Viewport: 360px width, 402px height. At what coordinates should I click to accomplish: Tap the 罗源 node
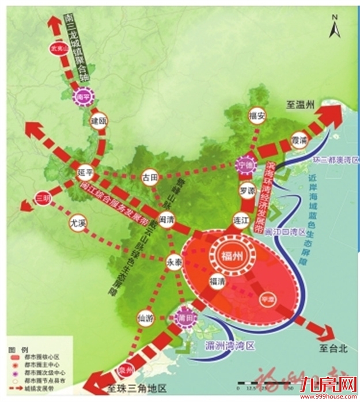pos(247,190)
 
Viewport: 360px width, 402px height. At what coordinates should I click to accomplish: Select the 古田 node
pos(150,177)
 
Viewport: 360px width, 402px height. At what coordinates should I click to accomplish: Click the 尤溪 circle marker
pos(77,221)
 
